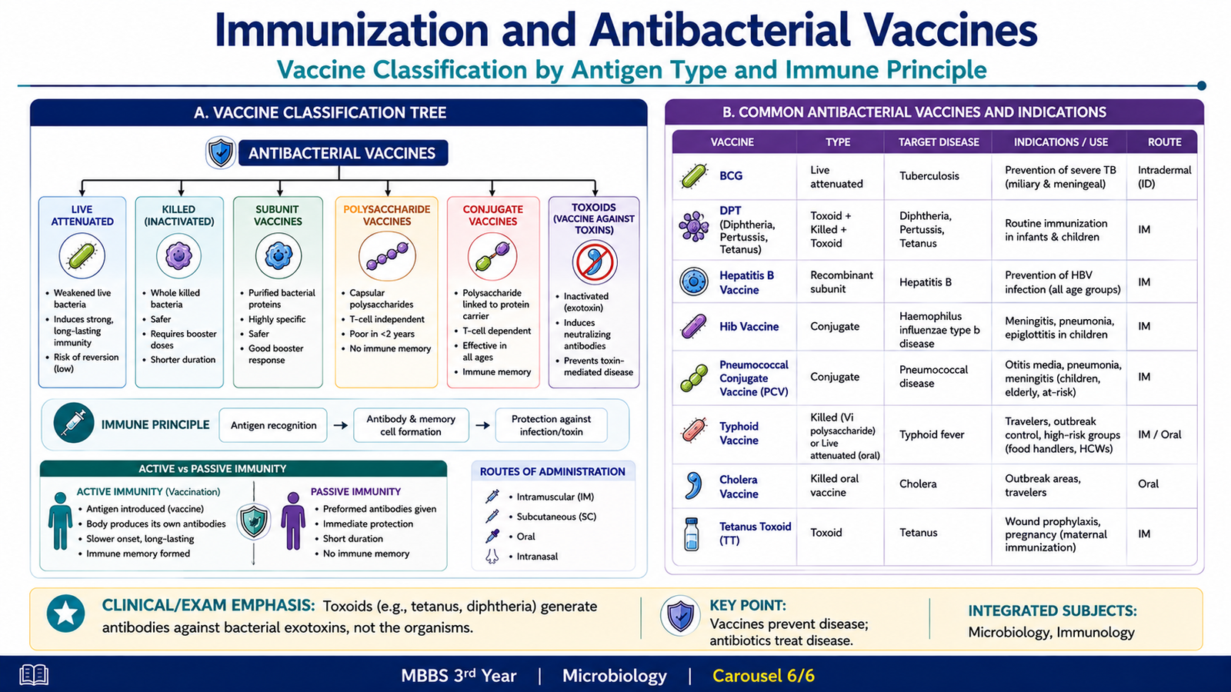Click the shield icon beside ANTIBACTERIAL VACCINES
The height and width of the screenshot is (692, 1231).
click(x=221, y=153)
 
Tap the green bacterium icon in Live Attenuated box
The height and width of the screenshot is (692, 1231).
click(x=82, y=256)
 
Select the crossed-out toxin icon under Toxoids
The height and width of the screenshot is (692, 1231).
click(x=594, y=262)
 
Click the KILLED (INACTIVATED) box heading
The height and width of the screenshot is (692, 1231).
click(x=179, y=215)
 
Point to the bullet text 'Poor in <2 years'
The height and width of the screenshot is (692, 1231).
click(x=382, y=334)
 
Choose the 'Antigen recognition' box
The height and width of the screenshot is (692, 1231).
click(x=273, y=425)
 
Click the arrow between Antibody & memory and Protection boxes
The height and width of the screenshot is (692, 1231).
click(x=482, y=425)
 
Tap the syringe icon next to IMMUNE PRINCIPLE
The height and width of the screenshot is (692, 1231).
click(x=74, y=424)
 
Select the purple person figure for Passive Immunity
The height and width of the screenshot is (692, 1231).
click(x=293, y=521)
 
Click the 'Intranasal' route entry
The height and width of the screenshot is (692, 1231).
click(x=537, y=557)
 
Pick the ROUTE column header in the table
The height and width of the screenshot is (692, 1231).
click(x=1164, y=142)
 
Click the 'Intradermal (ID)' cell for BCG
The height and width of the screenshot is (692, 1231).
click(x=1164, y=177)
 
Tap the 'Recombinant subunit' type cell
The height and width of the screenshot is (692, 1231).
click(x=842, y=281)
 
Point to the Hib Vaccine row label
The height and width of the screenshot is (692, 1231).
click(x=749, y=327)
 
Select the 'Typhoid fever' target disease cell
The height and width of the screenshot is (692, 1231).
click(x=932, y=434)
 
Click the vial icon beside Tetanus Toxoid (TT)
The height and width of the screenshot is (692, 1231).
click(x=692, y=534)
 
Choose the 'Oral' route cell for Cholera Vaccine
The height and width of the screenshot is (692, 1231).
click(x=1148, y=484)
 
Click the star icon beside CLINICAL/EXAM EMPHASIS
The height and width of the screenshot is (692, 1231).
click(x=66, y=614)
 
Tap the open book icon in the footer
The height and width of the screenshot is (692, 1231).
click(x=34, y=674)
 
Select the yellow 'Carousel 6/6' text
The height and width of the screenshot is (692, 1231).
click(x=763, y=676)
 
